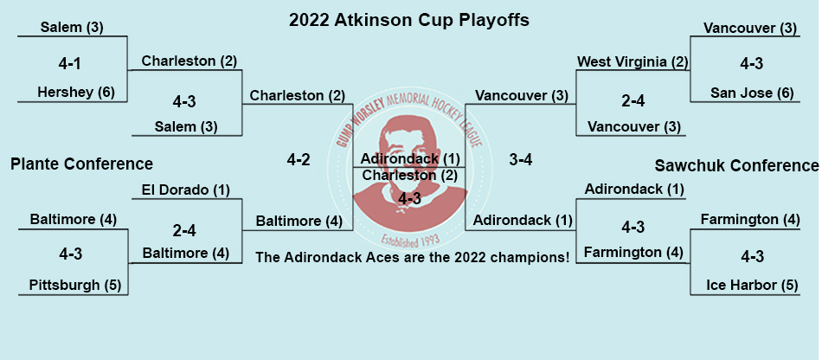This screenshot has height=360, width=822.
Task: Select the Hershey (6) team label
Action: point(76,93)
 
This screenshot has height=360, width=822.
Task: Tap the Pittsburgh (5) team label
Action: point(75,285)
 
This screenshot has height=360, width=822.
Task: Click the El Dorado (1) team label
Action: point(185,190)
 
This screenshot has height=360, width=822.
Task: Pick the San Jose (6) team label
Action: point(752,93)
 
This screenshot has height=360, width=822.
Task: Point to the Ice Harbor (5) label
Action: point(752,285)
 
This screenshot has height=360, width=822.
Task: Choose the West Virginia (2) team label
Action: point(632,61)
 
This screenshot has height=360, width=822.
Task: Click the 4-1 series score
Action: point(70,64)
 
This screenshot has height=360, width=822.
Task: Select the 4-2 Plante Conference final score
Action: point(299,160)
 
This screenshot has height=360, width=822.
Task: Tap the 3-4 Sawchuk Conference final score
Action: point(521,160)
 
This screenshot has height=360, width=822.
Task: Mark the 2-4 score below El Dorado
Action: point(184,230)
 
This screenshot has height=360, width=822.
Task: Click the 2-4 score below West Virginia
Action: point(633,100)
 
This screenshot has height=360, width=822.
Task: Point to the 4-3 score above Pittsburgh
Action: point(70,254)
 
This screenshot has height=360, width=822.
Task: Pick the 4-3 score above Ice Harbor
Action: point(752,257)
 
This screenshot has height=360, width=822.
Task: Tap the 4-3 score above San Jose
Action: point(751,64)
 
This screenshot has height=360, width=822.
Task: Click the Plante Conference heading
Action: point(82,164)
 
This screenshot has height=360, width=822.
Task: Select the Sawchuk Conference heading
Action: point(736,165)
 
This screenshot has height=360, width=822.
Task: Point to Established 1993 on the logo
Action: point(410,239)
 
